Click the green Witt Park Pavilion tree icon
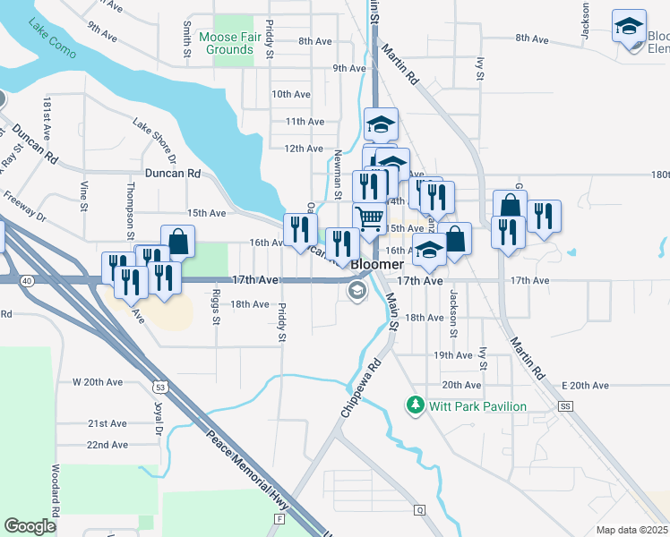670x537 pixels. coord(415,405)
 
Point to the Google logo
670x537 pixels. coord(30,526)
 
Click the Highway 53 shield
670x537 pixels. coord(160,388)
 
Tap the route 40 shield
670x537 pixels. coord(29,281)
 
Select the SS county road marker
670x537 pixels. coord(564,405)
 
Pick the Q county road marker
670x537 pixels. coord(418,510)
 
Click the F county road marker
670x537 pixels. coord(280,518)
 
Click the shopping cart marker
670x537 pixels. coord(369,217)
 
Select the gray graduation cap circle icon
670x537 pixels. coord(356,289)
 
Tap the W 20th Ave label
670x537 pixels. coord(97,382)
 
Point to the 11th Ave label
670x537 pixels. coord(305,121)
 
